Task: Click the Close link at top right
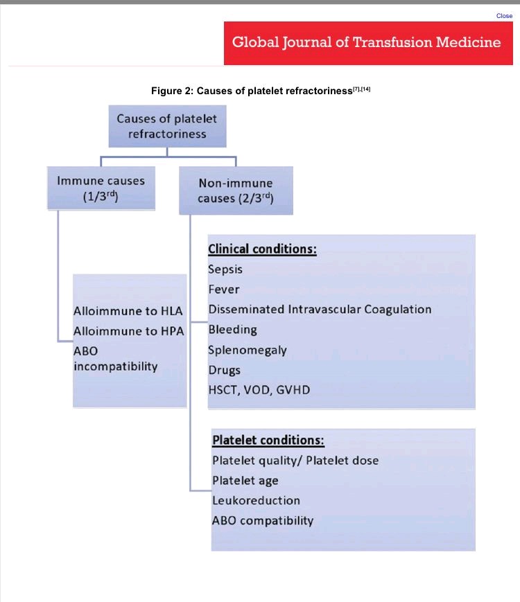[x=504, y=15]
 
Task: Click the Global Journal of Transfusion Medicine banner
[x=366, y=42]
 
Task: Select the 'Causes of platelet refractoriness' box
[x=167, y=126]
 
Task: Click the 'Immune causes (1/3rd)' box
[x=101, y=188]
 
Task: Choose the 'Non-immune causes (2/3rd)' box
[x=236, y=191]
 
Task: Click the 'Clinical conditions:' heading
[x=263, y=249]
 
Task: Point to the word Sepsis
[x=225, y=269]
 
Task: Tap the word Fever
[x=223, y=290]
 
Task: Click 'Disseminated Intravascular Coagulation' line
[x=320, y=310]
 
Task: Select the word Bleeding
[x=232, y=330]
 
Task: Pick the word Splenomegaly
[x=247, y=350]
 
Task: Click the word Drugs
[x=224, y=370]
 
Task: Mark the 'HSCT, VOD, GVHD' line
[x=259, y=390]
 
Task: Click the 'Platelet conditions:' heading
[x=268, y=441]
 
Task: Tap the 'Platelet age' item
[x=245, y=481]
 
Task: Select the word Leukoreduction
[x=256, y=500]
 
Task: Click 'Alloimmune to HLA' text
[x=128, y=312]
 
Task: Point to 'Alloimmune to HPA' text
[x=128, y=331]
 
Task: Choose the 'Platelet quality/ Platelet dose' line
[x=295, y=461]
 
